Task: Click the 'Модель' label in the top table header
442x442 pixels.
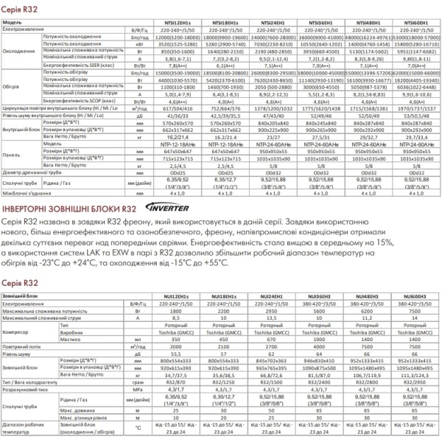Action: pos(13,24)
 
